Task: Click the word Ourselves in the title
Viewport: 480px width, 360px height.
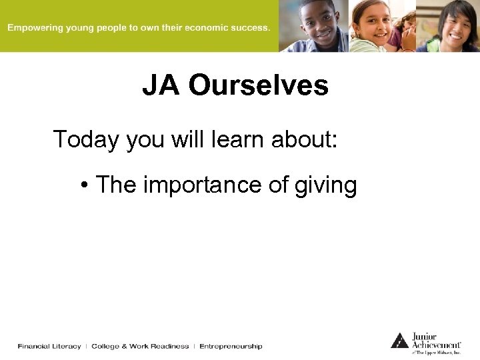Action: pyautogui.click(x=258, y=86)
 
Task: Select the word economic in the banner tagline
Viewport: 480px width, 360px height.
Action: pyautogui.click(x=203, y=28)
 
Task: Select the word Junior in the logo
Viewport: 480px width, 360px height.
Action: pyautogui.click(x=425, y=336)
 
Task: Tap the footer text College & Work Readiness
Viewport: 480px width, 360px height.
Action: pyautogui.click(x=140, y=347)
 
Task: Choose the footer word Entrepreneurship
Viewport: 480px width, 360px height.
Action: pyautogui.click(x=231, y=347)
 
